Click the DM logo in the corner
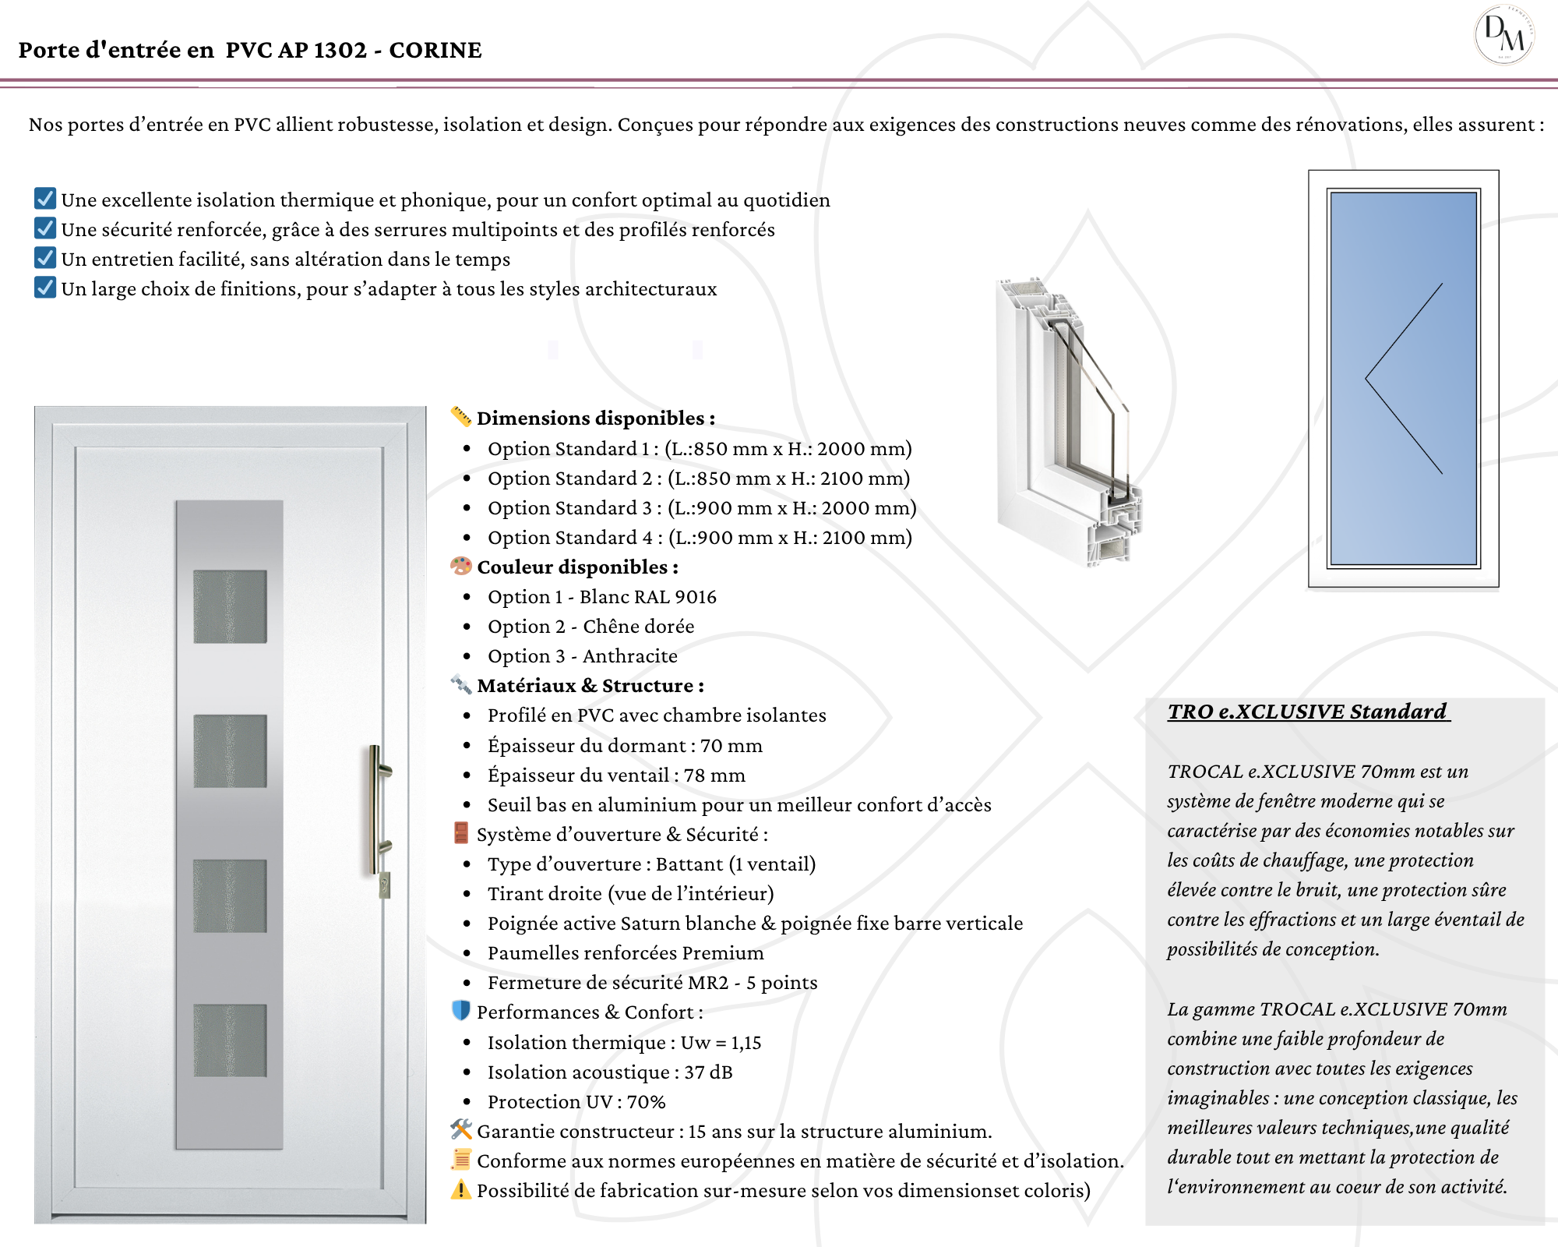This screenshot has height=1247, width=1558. pyautogui.click(x=1504, y=35)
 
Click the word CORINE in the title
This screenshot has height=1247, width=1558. pyautogui.click(x=435, y=50)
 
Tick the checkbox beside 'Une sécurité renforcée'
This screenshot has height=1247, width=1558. pyautogui.click(x=45, y=228)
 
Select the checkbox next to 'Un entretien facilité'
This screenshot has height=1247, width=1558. pyautogui.click(x=45, y=258)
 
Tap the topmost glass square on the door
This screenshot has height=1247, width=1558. pyautogui.click(x=230, y=606)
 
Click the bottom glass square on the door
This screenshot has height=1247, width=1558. pyautogui.click(x=230, y=1040)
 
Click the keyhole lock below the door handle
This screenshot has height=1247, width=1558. pyautogui.click(x=384, y=885)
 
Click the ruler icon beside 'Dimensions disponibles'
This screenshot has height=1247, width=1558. pyautogui.click(x=461, y=417)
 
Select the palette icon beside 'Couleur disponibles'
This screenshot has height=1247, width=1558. pyautogui.click(x=461, y=566)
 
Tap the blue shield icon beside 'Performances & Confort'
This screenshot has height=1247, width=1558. pyautogui.click(x=461, y=1011)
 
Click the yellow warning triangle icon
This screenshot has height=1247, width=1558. pyautogui.click(x=461, y=1190)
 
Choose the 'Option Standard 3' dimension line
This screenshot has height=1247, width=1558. pyautogui.click(x=701, y=508)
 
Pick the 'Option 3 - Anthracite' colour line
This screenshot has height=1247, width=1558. pyautogui.click(x=582, y=656)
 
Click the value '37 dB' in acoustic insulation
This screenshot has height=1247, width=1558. pyautogui.click(x=708, y=1072)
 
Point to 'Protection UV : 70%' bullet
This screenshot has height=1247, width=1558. pyautogui.click(x=576, y=1102)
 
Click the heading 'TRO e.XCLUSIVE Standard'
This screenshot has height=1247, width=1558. pyautogui.click(x=1308, y=712)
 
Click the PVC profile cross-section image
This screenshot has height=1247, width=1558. pyautogui.click(x=1067, y=421)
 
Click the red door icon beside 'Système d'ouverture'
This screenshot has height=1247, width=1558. pyautogui.click(x=461, y=833)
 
